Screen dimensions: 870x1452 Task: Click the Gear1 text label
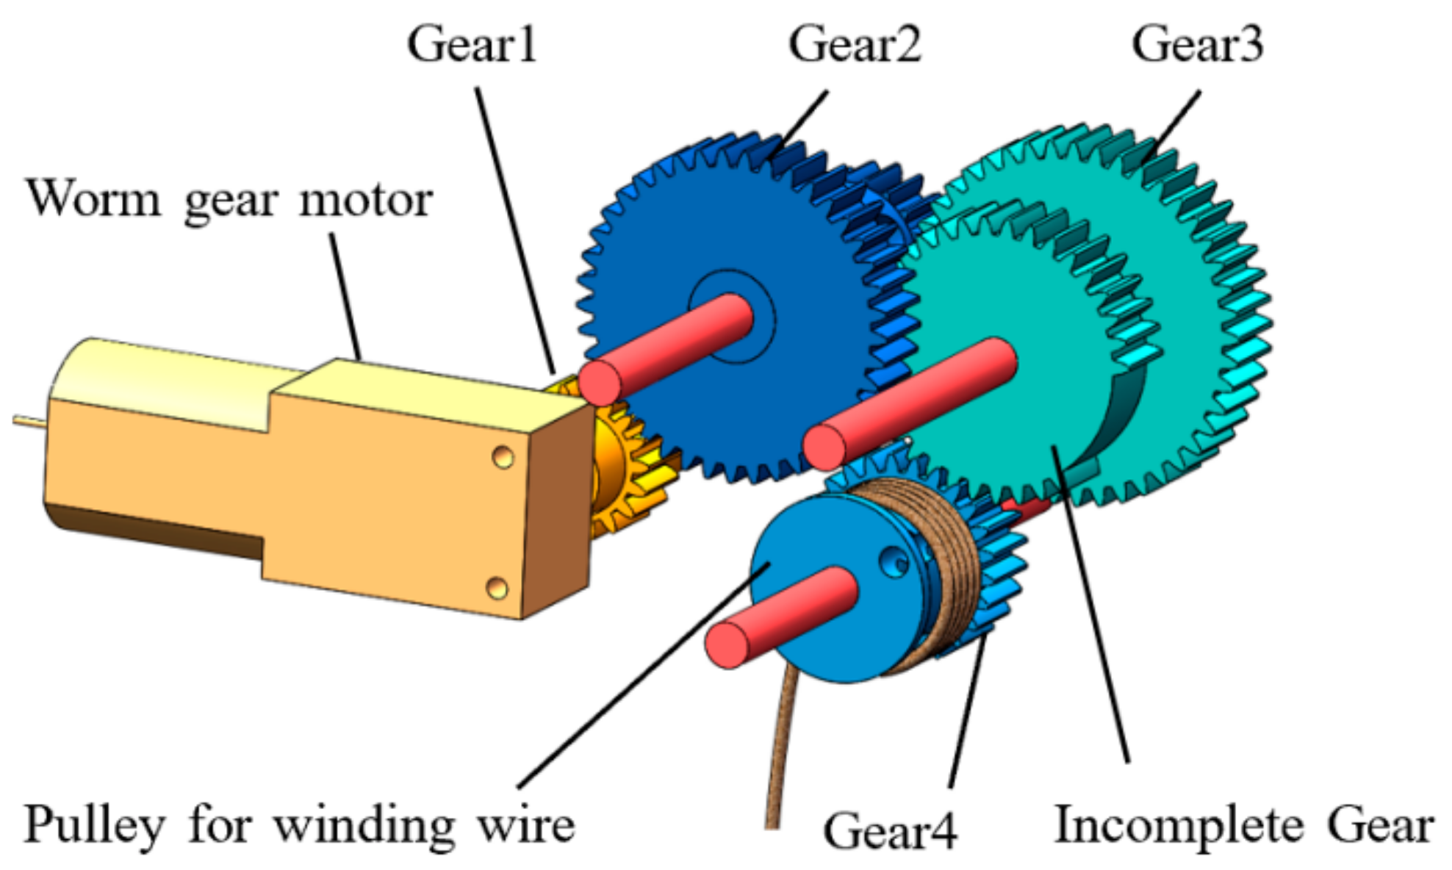click(x=472, y=44)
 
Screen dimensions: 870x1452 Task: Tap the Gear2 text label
click(x=855, y=44)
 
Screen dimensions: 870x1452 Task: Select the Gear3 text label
click(x=1197, y=44)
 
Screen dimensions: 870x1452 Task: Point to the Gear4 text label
click(x=890, y=830)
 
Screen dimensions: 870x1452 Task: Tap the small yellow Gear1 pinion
click(x=625, y=470)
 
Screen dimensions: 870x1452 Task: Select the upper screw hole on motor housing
click(x=503, y=457)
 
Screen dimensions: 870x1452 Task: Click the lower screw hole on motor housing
click(x=497, y=588)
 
